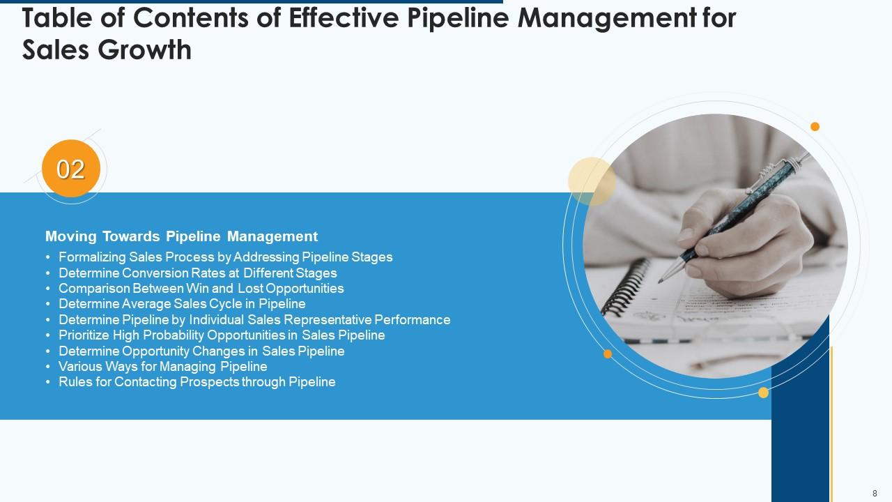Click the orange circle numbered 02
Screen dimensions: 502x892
pos(71,169)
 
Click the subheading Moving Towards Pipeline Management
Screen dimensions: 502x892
pos(181,236)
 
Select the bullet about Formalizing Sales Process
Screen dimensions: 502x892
pos(225,257)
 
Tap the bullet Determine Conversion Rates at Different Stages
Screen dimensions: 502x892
pos(197,273)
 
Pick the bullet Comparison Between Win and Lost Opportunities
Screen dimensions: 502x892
pos(201,289)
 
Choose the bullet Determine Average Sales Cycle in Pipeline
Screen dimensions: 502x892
pos(182,304)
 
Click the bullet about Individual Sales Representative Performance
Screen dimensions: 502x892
pos(254,320)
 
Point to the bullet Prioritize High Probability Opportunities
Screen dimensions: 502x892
pos(222,335)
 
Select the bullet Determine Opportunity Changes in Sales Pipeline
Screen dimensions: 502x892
pos(201,351)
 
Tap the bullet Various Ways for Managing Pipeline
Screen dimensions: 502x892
pos(162,367)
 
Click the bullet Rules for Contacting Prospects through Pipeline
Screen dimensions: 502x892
pos(197,382)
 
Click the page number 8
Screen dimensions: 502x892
pos(875,493)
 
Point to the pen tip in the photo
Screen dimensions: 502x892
pos(661,280)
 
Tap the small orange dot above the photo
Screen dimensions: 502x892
pos(815,126)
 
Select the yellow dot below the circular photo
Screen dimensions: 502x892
pos(763,393)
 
